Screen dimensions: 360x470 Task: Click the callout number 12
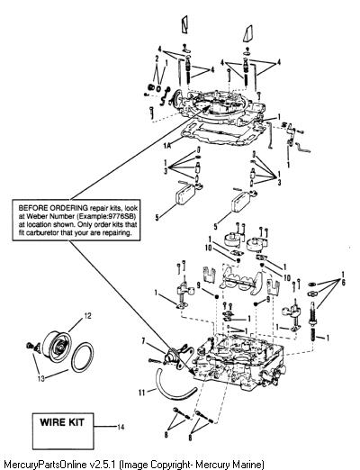pos(87,316)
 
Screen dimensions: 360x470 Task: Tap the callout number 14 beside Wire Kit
pos(121,427)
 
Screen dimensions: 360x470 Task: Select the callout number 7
pos(143,340)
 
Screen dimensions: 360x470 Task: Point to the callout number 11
pos(142,393)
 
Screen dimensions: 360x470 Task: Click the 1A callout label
pos(167,146)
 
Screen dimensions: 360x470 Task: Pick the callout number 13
pos(40,378)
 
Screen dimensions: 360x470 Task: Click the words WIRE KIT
pos(62,422)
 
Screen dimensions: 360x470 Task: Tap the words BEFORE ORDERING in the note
pos(53,208)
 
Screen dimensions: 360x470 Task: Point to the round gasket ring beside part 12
pos(83,357)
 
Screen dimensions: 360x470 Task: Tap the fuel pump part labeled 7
pos(178,357)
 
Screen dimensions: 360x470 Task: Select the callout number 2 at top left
pos(157,59)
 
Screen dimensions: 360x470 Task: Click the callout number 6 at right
pos(343,282)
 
